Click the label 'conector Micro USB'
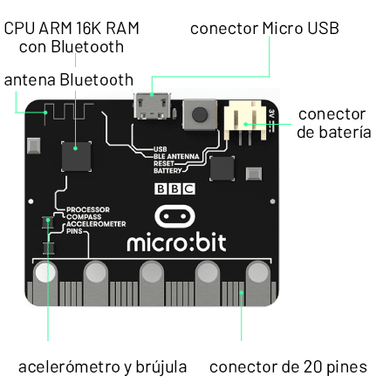tap(264, 28)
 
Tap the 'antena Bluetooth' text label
tap(69, 79)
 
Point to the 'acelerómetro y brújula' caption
tap(102, 366)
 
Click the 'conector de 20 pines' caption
tap(288, 366)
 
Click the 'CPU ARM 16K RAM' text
tap(72, 28)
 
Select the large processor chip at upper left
tap(77, 156)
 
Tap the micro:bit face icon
tap(174, 215)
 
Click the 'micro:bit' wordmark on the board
tap(176, 242)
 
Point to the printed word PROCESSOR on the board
tap(87, 209)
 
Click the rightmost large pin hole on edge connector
tap(259, 273)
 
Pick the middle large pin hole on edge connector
tap(152, 273)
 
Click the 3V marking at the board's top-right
tap(271, 113)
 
